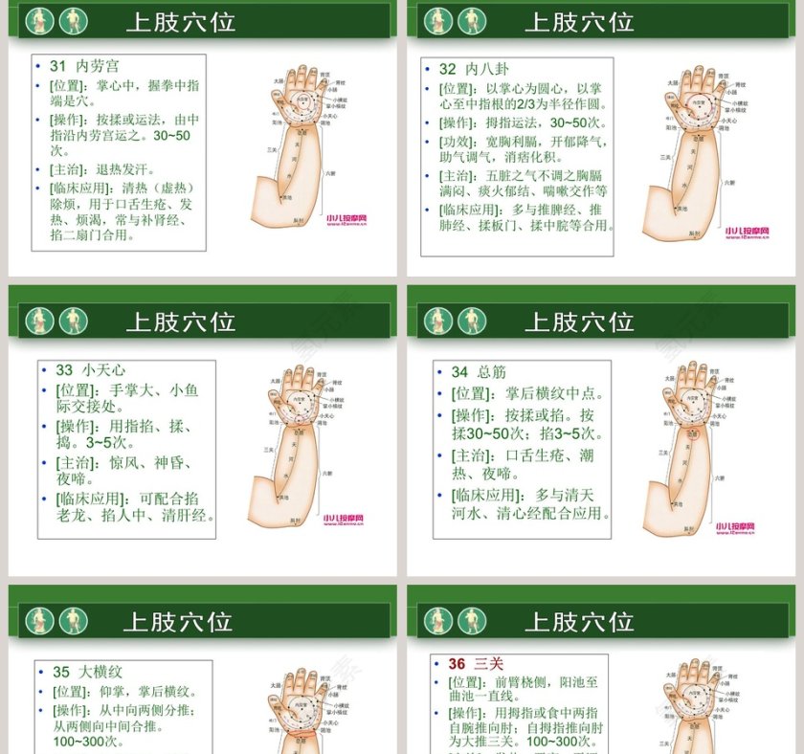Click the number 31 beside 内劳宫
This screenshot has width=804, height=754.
click(x=57, y=66)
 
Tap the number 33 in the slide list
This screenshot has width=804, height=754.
click(x=64, y=370)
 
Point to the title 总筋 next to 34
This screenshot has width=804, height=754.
click(x=492, y=371)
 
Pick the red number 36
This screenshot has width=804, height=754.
click(x=457, y=663)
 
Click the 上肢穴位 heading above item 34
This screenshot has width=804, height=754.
click(x=579, y=321)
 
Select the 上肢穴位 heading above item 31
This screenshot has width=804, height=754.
click(x=180, y=21)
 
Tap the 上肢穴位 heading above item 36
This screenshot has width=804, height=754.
click(x=579, y=621)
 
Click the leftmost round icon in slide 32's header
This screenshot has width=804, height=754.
click(x=438, y=20)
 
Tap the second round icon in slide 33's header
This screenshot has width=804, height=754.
click(x=74, y=321)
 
